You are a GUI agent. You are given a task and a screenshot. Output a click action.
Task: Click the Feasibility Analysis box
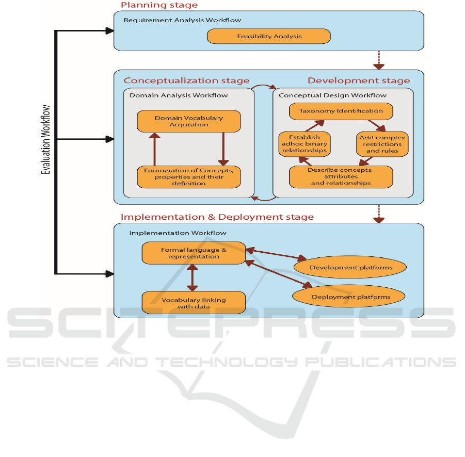268,37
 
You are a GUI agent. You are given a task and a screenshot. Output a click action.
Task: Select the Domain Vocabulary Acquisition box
189,121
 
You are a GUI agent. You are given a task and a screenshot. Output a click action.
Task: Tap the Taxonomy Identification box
341,111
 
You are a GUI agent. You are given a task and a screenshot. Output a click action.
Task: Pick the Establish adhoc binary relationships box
304,144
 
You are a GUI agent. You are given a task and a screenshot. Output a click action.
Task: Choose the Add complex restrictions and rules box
382,144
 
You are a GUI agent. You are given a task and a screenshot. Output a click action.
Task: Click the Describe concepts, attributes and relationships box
341,176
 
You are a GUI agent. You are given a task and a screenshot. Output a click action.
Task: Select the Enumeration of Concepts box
189,176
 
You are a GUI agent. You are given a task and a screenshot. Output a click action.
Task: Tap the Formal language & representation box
194,253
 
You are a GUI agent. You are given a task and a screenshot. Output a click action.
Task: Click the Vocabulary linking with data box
194,303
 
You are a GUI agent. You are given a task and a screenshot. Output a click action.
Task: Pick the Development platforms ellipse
350,268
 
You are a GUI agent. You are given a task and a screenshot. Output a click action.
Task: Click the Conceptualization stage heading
186,80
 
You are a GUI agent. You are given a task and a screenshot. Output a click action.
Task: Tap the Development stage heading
359,80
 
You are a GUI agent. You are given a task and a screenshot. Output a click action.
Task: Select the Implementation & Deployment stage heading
217,217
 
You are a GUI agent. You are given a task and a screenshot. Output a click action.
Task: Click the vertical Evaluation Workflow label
46,139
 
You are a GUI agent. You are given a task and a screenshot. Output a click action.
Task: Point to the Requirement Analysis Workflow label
182,20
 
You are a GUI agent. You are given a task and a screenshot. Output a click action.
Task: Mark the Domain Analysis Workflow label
178,95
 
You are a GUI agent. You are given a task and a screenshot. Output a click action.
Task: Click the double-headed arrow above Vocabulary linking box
193,278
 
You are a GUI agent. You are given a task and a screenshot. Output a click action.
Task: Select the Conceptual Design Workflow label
332,95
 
